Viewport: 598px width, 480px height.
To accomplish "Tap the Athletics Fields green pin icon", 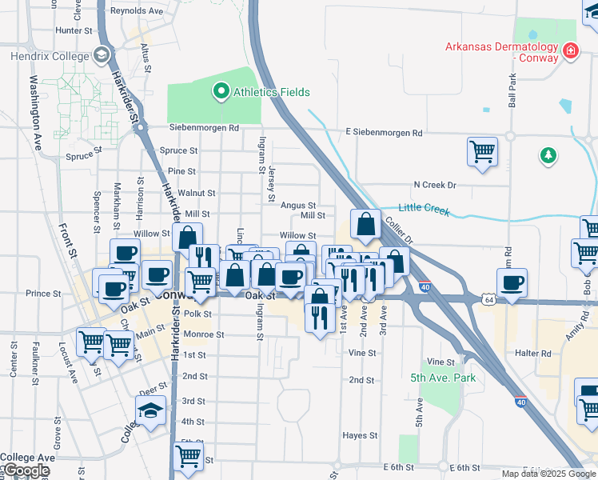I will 221,92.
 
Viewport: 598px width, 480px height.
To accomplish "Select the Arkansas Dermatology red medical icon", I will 571,53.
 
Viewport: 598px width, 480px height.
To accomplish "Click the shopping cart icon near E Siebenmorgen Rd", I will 482,152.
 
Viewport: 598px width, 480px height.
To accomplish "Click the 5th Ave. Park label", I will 443,378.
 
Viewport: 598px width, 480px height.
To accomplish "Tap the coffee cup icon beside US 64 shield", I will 512,282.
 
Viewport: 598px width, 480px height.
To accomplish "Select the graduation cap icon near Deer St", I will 150,411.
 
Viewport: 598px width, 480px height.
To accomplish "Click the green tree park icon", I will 548,155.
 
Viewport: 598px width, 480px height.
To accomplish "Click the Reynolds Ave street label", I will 137,11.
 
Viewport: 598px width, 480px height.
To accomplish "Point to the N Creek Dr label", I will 434,185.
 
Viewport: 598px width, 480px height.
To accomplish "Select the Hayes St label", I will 360,435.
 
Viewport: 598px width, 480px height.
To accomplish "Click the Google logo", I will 26,470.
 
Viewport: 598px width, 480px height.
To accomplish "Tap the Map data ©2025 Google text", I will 548,473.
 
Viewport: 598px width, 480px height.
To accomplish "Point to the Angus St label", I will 298,206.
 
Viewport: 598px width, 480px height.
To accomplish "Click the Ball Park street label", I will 512,91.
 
